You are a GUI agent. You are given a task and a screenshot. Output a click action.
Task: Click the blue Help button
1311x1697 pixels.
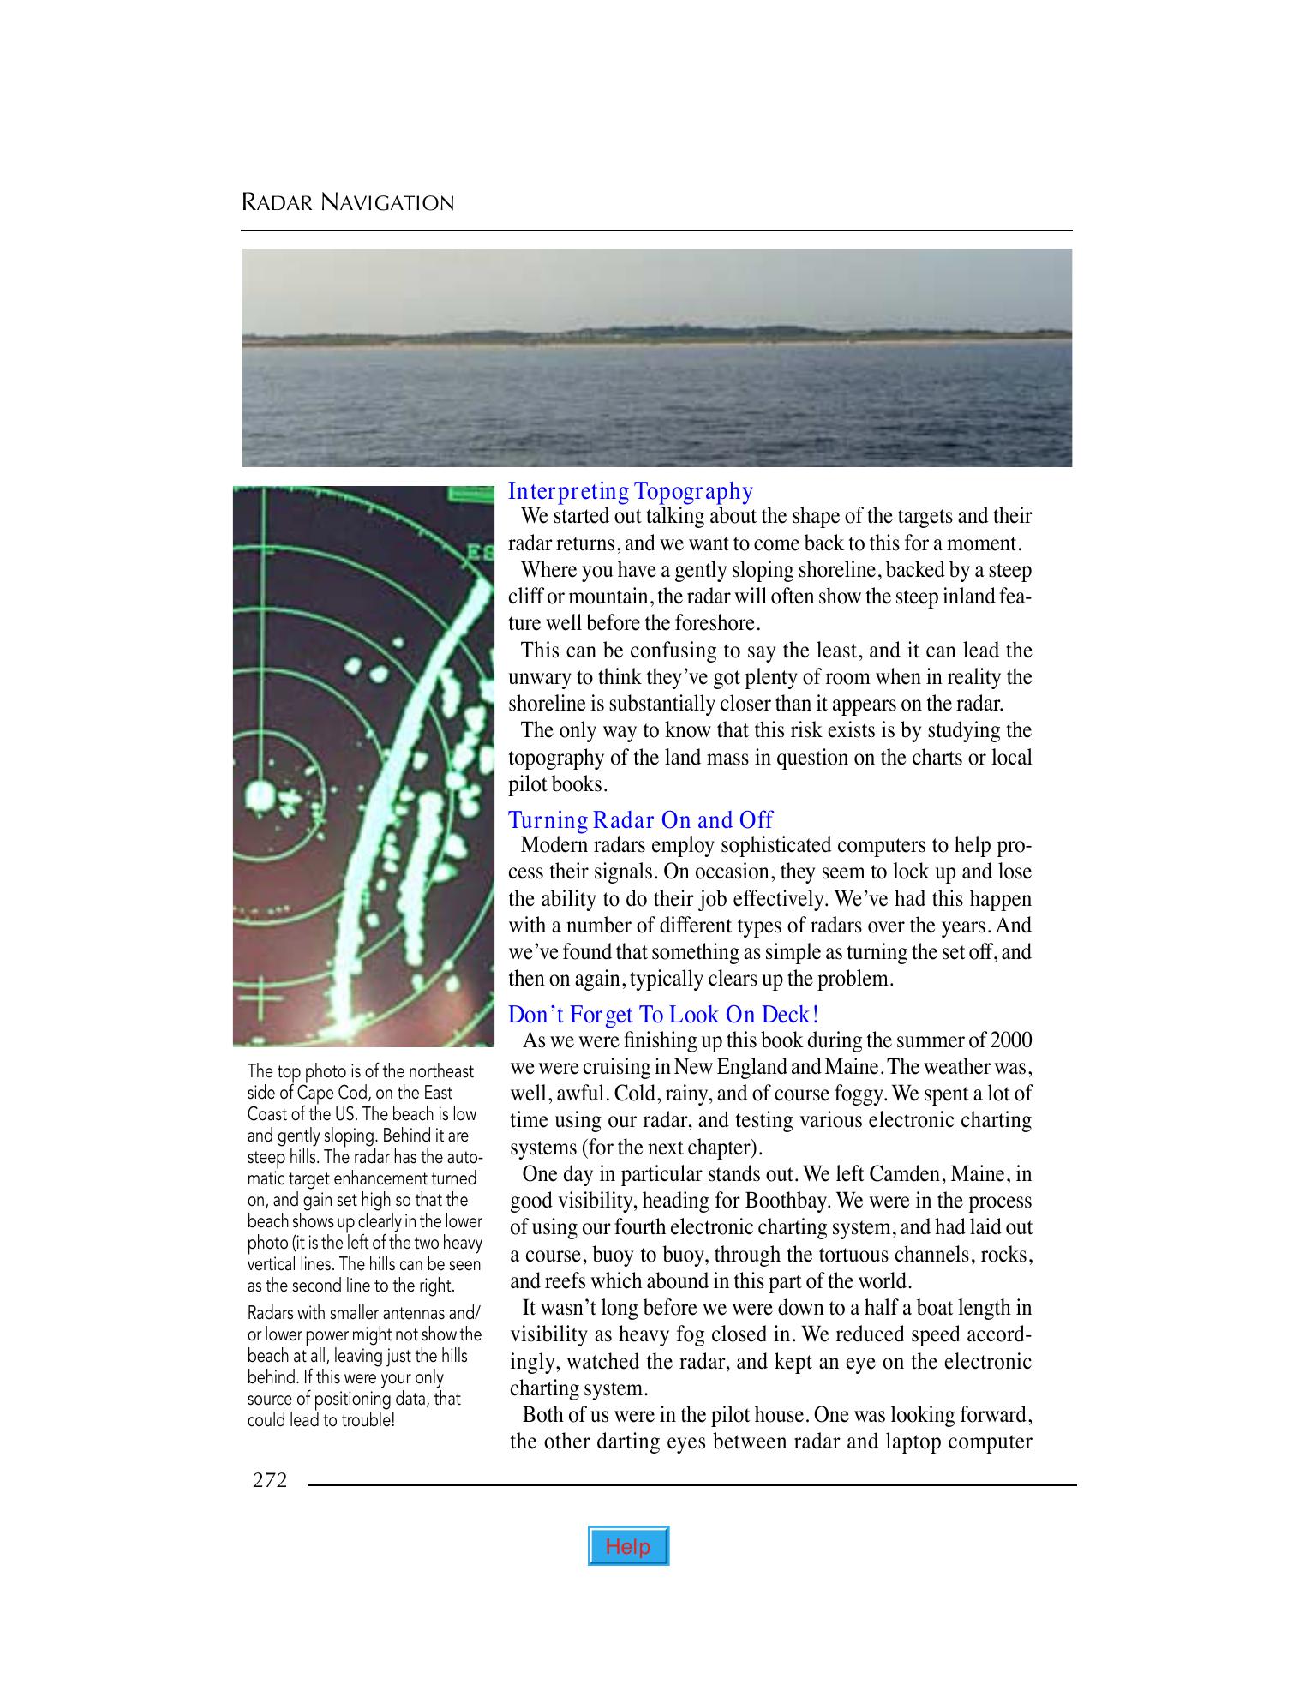coord(628,1546)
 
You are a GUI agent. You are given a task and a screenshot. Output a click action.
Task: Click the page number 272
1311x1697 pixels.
coord(270,1480)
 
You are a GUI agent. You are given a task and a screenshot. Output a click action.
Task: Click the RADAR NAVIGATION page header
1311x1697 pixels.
coord(348,203)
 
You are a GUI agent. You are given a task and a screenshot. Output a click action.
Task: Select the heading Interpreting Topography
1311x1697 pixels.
coord(630,491)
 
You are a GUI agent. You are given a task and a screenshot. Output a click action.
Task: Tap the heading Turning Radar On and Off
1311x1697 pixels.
coord(640,820)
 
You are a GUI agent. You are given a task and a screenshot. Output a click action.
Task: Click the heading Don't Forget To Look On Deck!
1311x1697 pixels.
coord(663,1015)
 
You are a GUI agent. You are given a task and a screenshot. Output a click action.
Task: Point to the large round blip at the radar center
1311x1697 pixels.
coord(259,795)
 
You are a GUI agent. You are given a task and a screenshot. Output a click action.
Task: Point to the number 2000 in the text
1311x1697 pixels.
coord(1010,1040)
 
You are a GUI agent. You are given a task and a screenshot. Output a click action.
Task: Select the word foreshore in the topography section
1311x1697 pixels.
coord(717,623)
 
